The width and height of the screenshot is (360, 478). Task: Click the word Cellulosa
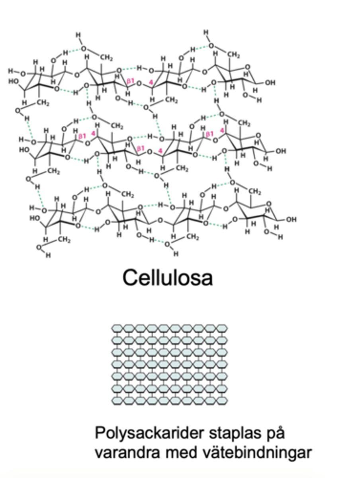(x=167, y=278)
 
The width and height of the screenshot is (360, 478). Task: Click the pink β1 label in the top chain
(x=130, y=81)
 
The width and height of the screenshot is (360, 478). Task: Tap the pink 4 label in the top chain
(x=151, y=82)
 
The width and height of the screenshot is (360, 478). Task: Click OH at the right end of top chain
(x=270, y=83)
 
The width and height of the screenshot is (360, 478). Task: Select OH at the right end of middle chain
(x=281, y=151)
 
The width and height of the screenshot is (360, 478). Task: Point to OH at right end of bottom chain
(x=291, y=219)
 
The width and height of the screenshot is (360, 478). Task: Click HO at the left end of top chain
(x=14, y=81)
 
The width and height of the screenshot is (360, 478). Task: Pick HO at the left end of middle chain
(x=24, y=150)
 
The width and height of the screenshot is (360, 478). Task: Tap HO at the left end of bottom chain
(x=35, y=218)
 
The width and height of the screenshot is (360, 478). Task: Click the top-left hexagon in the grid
(x=118, y=328)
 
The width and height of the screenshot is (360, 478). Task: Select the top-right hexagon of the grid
(x=222, y=328)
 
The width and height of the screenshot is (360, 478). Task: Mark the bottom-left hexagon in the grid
(x=118, y=400)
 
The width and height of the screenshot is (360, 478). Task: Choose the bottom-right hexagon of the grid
(x=222, y=400)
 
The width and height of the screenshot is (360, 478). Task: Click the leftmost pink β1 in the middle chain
(x=82, y=136)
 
